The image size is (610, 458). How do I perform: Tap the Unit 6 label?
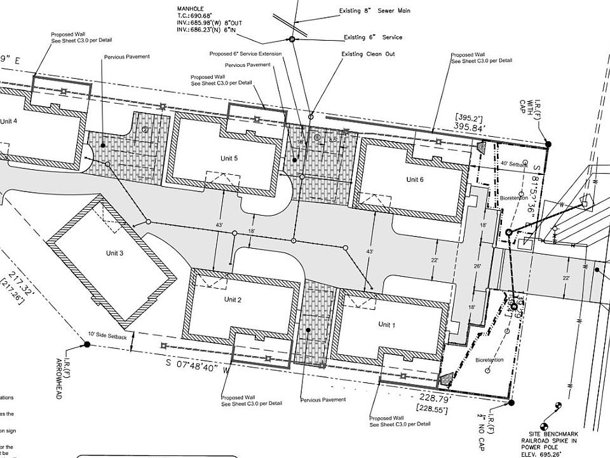coord(415,179)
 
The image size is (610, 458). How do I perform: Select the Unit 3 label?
coord(115,253)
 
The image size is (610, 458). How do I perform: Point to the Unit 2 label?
coord(233,299)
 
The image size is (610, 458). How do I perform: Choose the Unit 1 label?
coord(387,324)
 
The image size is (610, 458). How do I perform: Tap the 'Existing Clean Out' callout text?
coord(368,54)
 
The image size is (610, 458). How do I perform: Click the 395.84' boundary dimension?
coord(470,128)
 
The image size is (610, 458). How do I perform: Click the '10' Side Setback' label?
coord(108,335)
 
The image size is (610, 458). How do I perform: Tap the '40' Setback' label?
coord(514,164)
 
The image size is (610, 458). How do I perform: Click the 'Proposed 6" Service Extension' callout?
coord(245,53)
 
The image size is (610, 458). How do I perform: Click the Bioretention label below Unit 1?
coord(489,360)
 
